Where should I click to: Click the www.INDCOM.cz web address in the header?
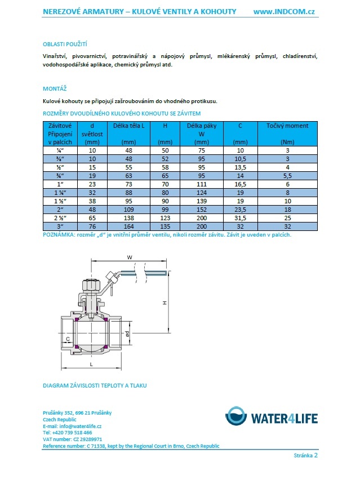(283, 12)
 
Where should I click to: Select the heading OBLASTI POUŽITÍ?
(65, 44)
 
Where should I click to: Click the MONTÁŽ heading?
(54, 88)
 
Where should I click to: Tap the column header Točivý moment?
(287, 126)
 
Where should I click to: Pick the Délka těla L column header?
(129, 126)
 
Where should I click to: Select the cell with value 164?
(129, 226)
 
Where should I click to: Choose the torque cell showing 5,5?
(287, 176)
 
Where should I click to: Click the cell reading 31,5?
(241, 218)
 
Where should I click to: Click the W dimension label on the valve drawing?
(130, 258)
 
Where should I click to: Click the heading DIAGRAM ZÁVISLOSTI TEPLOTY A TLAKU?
(95, 386)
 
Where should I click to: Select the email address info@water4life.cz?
(80, 426)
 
